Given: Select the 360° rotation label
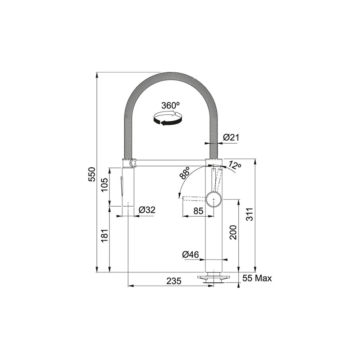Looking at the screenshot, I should [x=170, y=105].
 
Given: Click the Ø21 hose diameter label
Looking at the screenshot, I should [x=231, y=137].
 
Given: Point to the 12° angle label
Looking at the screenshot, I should [x=235, y=166].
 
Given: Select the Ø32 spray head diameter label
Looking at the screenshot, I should [x=147, y=210].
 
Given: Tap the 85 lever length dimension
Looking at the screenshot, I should [x=198, y=211].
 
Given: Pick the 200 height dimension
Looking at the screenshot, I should [x=233, y=232].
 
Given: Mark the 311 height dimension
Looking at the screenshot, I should [x=249, y=215].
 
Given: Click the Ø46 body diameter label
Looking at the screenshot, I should [x=190, y=255].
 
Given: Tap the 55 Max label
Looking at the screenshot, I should [x=257, y=278].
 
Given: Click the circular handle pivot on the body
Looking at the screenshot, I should [x=214, y=199].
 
